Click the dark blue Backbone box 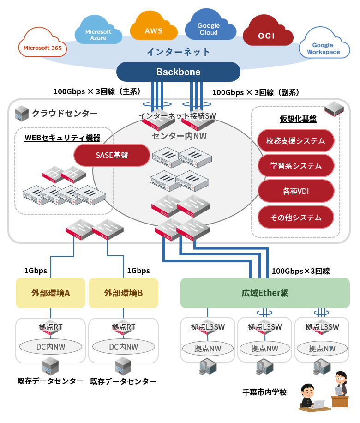tap(178, 72)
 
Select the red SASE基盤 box tap(112, 156)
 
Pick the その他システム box tap(296, 217)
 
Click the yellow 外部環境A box tap(51, 293)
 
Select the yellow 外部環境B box tap(123, 293)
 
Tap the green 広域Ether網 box tap(265, 293)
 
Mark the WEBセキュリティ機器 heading tap(62, 138)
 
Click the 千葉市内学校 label tap(264, 392)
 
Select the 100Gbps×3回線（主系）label tap(97, 91)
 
